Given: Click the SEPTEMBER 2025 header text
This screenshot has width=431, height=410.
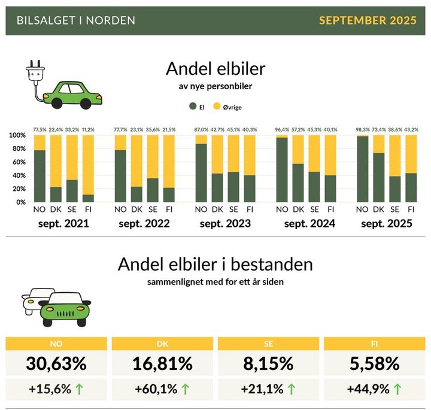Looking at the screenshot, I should point(368,20).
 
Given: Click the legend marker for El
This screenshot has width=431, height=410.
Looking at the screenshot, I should point(193,107).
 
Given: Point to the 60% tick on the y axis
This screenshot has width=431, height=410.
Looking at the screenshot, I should point(17,162).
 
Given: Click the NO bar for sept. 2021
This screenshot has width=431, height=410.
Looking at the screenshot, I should point(40,169).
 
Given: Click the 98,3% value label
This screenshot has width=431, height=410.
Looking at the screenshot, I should point(362,129).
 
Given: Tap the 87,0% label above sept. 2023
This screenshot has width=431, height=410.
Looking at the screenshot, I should point(201,129).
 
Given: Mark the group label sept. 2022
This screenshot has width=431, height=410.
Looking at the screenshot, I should point(145,224).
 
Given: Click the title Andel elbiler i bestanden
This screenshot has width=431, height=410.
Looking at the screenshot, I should point(215,264).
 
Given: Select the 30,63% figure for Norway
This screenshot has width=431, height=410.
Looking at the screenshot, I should point(56,363).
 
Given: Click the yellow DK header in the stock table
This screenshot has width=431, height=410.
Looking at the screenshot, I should point(162,344).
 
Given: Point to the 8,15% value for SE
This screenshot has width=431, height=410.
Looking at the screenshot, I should point(268,363).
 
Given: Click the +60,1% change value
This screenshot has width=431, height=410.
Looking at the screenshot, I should point(156,389).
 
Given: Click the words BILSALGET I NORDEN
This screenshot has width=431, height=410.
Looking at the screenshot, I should point(76,20).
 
